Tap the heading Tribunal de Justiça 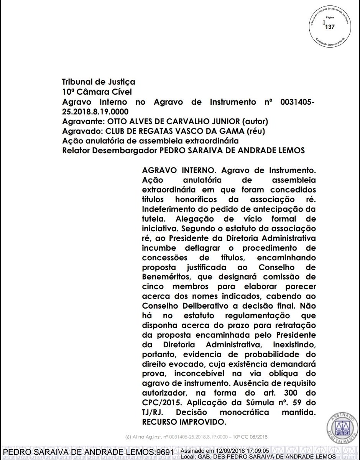pos(99,82)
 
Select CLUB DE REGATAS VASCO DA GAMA pos(174,131)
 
